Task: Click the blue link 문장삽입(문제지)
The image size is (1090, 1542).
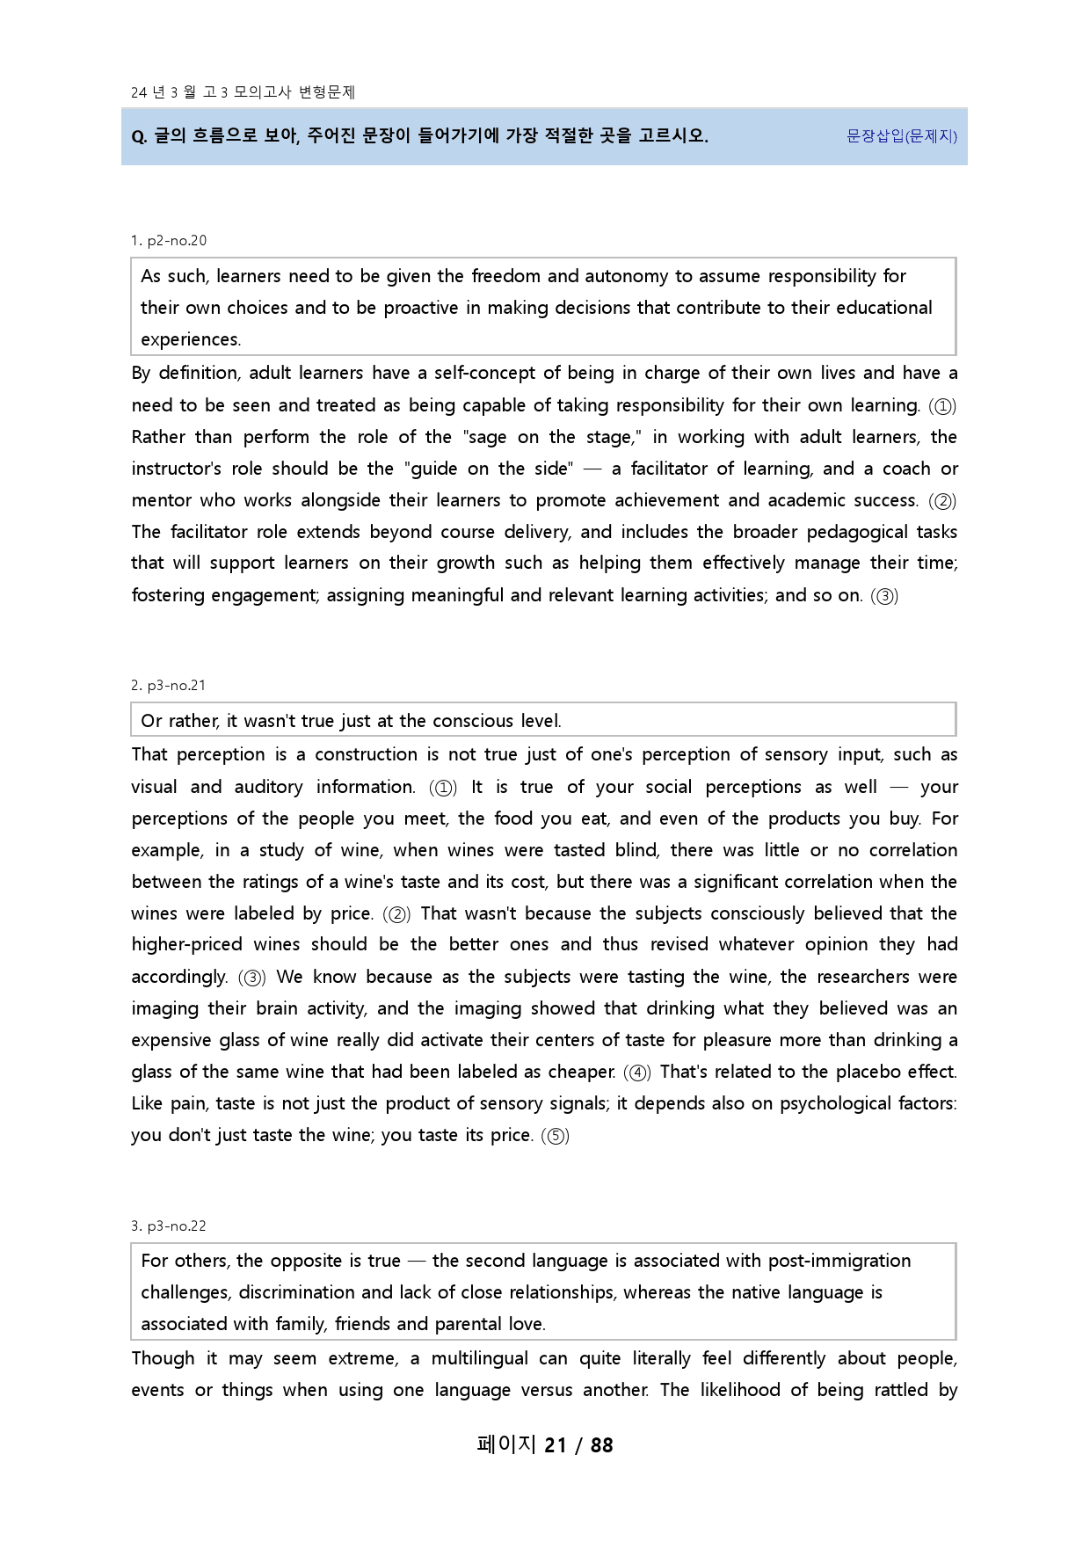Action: [901, 136]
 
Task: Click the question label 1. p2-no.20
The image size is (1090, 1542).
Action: [169, 241]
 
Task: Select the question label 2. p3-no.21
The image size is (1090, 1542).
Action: [169, 686]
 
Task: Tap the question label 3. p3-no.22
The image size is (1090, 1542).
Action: [169, 1226]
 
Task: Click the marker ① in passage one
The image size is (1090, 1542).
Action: [942, 406]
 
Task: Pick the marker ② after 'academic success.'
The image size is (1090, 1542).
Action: [942, 501]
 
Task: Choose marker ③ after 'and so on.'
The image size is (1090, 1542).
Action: [884, 596]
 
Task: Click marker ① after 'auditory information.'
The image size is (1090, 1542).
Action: [443, 788]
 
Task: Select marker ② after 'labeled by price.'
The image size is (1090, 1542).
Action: [396, 914]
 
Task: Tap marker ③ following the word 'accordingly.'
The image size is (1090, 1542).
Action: [252, 978]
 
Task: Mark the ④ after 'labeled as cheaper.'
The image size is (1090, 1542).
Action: [637, 1073]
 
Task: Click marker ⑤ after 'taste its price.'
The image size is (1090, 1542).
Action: [556, 1136]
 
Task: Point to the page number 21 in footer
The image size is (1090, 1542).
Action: [556, 1445]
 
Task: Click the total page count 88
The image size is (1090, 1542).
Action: [602, 1445]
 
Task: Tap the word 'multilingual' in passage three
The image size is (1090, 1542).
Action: [479, 1359]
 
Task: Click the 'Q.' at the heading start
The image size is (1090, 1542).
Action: [139, 137]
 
